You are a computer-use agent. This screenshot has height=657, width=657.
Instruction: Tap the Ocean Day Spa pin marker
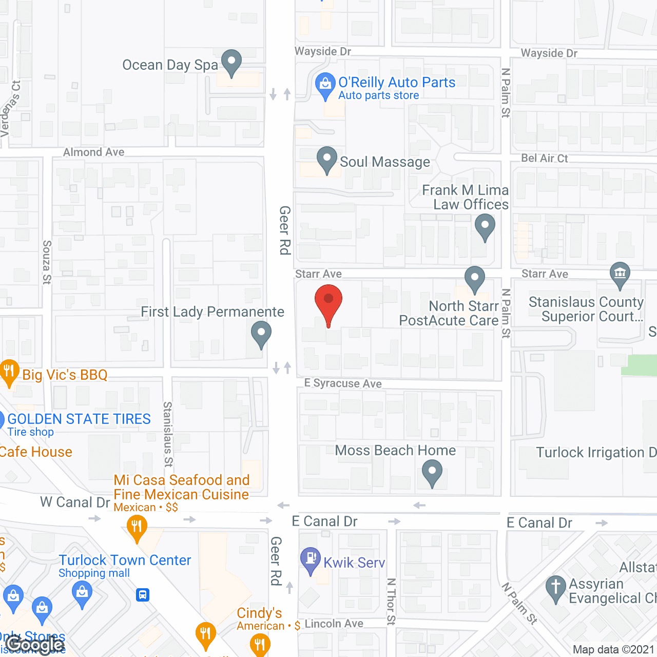pos(231,62)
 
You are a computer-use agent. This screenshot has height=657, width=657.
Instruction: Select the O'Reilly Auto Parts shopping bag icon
pos(325,85)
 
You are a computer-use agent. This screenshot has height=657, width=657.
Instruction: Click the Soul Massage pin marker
pos(327,159)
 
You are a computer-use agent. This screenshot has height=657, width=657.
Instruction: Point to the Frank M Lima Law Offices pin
pos(485,226)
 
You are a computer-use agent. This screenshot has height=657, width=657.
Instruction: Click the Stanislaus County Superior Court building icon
pos(620,274)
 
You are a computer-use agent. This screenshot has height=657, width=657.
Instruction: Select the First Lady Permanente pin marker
pos(261,333)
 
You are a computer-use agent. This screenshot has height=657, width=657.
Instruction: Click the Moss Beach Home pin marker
pos(432,472)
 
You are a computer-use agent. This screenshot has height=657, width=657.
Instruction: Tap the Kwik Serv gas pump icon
pos(311,559)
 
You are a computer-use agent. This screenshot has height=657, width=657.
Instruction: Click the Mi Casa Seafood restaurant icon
pos(137,528)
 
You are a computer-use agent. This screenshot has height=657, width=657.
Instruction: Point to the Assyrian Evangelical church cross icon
pos(555,588)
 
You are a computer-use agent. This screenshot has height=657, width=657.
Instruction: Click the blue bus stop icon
pos(143,595)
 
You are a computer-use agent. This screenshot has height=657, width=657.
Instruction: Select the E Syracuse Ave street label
pos(343,383)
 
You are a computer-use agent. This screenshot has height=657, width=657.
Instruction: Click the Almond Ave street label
pos(93,152)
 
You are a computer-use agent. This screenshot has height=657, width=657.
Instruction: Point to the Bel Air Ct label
pos(545,158)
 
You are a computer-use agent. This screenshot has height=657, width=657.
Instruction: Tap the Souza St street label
pos(47,262)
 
